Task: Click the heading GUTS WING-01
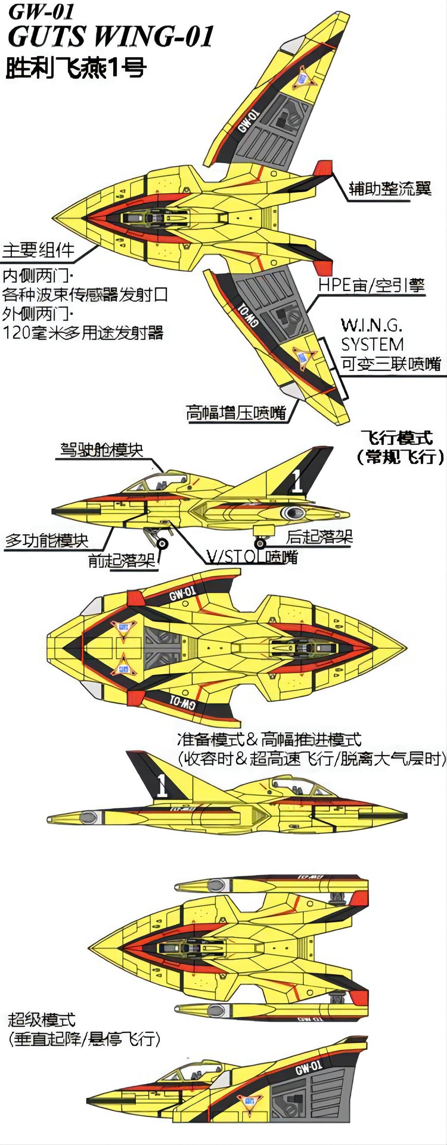tap(111, 36)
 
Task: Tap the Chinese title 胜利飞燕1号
tap(75, 68)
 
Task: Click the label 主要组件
tap(39, 250)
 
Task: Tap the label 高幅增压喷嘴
tap(235, 412)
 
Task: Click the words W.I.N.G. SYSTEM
tap(372, 335)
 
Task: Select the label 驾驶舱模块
tap(102, 449)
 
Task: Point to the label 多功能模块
tap(46, 541)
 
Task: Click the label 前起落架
tap(122, 560)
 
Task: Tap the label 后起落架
tap(319, 537)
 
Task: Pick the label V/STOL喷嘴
tap(252, 557)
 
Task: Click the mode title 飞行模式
tap(397, 438)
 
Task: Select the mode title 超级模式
tap(42, 1020)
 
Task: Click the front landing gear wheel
tap(162, 544)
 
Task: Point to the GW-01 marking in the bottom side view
tap(309, 1067)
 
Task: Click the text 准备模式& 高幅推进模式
tap(269, 739)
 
